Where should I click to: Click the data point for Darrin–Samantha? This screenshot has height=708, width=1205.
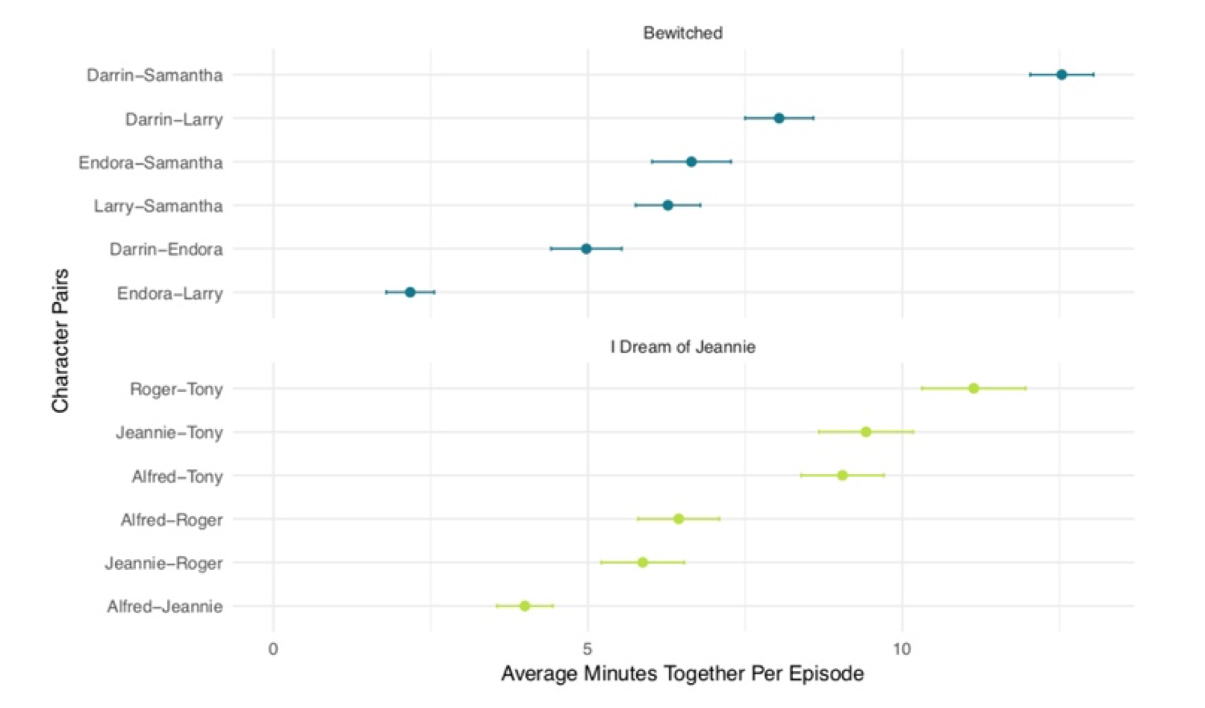point(1061,75)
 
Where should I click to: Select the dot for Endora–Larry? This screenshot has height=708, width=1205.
point(410,293)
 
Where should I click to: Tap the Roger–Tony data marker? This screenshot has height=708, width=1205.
point(974,389)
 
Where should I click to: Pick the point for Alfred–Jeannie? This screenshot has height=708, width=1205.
point(525,606)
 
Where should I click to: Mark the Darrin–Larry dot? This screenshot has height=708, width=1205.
point(778,118)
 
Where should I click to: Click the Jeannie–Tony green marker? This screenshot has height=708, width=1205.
point(866,432)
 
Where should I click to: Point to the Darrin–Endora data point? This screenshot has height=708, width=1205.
point(586,249)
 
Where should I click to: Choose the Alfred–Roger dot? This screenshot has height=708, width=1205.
point(679,519)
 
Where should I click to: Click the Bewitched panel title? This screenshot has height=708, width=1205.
point(683,33)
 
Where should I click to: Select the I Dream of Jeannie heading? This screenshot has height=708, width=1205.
point(683,347)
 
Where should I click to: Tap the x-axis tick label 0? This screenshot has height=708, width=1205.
point(273,649)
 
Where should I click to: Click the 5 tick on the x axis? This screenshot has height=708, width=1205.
point(587,649)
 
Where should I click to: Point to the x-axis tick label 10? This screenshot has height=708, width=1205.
point(902,649)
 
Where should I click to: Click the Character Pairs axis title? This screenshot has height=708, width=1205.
point(60,341)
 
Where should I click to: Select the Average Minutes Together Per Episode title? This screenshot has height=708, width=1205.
point(683,673)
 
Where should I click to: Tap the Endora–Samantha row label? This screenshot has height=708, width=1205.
point(150,163)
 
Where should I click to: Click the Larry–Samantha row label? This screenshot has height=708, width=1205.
point(158,207)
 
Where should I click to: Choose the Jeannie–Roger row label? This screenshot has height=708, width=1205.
point(164,563)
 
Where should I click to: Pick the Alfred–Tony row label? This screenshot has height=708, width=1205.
point(177,477)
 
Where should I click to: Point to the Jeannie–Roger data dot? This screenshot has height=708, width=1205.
point(643,563)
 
